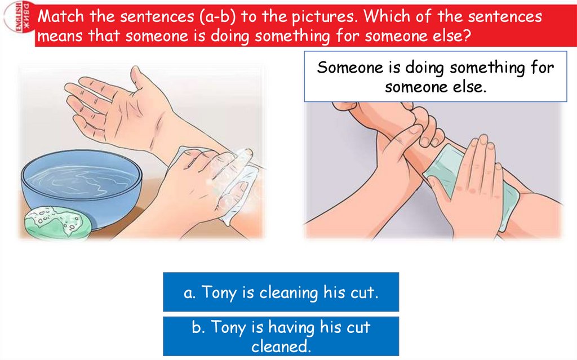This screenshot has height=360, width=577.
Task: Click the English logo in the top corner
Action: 19,17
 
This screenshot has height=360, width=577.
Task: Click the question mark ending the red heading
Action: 467,36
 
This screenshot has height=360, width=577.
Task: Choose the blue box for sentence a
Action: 281,292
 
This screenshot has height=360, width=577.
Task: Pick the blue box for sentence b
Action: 281,336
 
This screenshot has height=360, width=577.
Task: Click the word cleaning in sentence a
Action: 288,293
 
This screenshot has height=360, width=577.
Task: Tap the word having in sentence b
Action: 291,327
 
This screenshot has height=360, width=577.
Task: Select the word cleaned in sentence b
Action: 281,346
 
